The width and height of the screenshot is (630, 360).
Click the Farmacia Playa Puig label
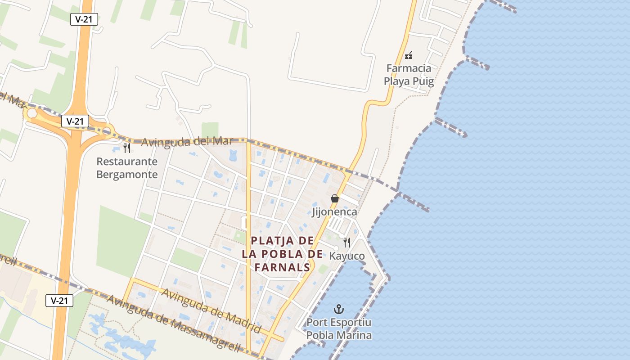pos(409,75)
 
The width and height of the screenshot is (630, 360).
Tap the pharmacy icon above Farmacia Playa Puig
pos(409,55)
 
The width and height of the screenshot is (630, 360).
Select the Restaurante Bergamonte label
pos(127,168)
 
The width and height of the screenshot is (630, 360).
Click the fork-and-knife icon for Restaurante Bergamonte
pos(127,148)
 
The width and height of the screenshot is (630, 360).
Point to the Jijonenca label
pos(334,211)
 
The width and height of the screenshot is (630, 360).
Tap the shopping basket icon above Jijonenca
pos(335,198)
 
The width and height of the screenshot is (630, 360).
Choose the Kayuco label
pos(347,256)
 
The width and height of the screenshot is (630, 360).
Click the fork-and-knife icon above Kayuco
pos(347,243)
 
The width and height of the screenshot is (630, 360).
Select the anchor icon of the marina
pos(338,309)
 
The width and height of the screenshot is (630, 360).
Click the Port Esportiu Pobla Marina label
pos(339,329)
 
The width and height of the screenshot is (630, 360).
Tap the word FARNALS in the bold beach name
pos(282,267)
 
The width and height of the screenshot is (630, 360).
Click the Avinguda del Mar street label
pos(187,141)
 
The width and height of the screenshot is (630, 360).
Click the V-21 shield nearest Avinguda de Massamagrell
pos(59,301)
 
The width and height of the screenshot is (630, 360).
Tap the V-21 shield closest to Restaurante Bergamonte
pos(75,121)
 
